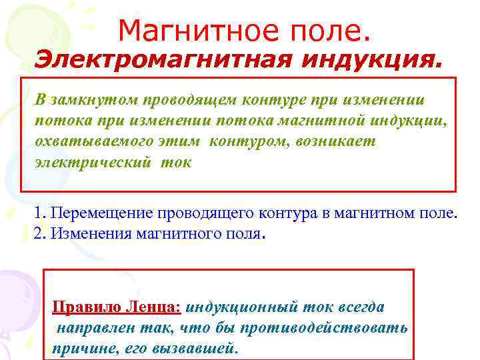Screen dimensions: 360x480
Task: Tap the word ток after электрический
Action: click(175, 163)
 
